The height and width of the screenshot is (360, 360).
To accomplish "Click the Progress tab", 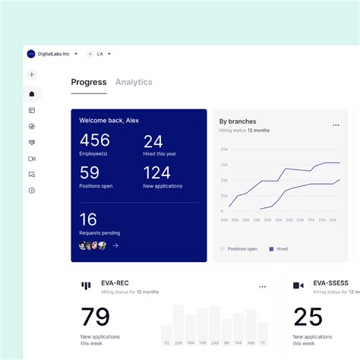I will (88, 82).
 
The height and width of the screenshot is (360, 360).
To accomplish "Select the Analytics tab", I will (134, 82).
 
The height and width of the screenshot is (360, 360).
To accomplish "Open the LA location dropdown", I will (100, 54).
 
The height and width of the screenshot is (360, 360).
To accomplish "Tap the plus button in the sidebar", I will (32, 74).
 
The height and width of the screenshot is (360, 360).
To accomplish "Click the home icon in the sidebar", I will (32, 94).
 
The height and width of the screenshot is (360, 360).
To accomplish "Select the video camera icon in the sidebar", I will (32, 159).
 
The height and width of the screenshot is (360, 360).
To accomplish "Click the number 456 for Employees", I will (95, 141).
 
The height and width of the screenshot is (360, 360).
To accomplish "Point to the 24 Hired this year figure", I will (153, 141).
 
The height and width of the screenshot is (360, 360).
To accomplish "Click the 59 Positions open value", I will (90, 173).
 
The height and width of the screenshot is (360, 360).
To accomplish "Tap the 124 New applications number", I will (157, 173).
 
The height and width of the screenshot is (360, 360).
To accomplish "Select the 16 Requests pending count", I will (88, 219).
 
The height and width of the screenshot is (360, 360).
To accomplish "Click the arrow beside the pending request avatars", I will (115, 245).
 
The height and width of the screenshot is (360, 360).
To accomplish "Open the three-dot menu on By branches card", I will (336, 125).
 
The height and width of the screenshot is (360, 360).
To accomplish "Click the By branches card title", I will (238, 122).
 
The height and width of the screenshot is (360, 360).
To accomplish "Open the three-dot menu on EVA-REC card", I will (263, 287).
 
